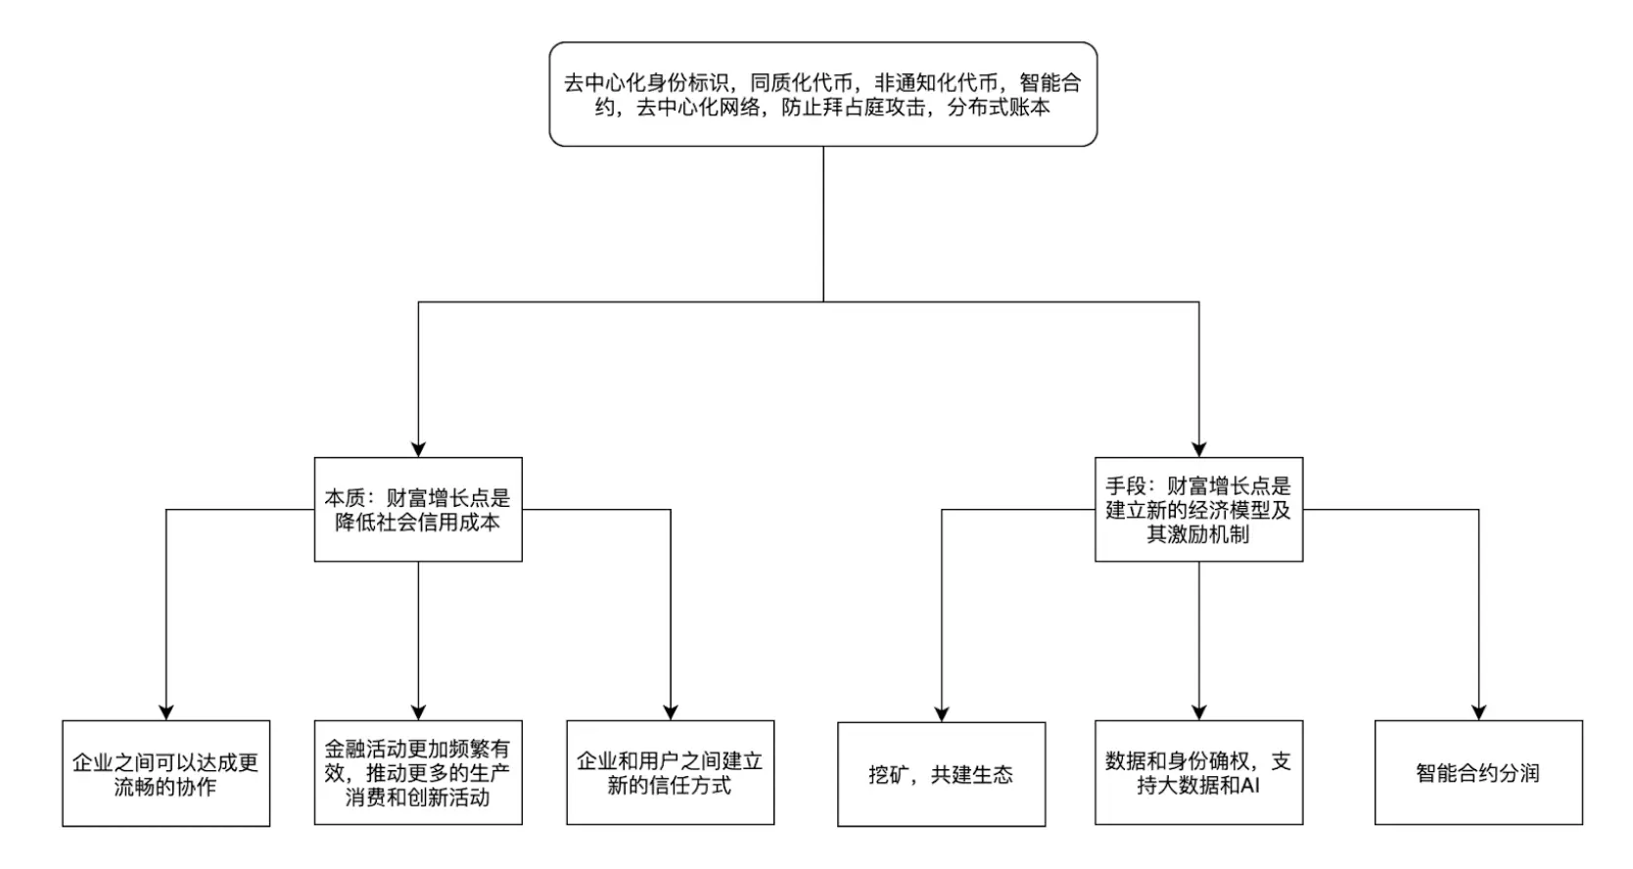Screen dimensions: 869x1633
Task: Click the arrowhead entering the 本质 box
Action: (x=418, y=449)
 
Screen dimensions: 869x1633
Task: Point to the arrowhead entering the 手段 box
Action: (x=1198, y=449)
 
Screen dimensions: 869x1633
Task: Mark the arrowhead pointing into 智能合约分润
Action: (x=1478, y=712)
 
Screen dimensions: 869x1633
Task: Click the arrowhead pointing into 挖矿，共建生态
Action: (x=941, y=714)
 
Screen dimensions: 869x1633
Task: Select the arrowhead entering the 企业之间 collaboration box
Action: (x=165, y=712)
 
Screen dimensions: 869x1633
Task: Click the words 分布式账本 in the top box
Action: (x=999, y=108)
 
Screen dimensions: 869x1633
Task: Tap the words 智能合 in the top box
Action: (x=1050, y=83)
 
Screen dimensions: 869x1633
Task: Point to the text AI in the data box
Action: (x=1248, y=785)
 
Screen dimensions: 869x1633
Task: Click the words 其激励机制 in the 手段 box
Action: (x=1198, y=534)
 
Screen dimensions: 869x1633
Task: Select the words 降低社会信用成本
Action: (x=418, y=522)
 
